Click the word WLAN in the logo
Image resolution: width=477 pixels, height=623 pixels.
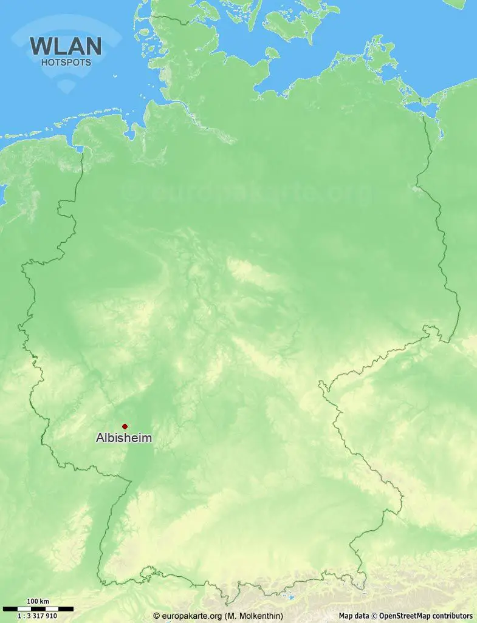click(x=66, y=46)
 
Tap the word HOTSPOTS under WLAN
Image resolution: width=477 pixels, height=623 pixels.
click(x=66, y=62)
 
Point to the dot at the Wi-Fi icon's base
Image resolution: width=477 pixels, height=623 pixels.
click(x=66, y=89)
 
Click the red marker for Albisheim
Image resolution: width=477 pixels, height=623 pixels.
click(x=125, y=426)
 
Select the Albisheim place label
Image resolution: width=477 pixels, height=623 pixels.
click(x=124, y=438)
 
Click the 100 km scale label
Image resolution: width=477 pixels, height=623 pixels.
click(x=38, y=602)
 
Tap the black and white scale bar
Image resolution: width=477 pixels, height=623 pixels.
click(x=38, y=608)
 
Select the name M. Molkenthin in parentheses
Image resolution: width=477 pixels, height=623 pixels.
click(x=253, y=616)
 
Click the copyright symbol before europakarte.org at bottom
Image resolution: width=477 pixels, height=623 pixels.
click(x=157, y=616)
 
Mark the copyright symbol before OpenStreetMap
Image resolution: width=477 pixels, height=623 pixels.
click(x=375, y=616)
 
